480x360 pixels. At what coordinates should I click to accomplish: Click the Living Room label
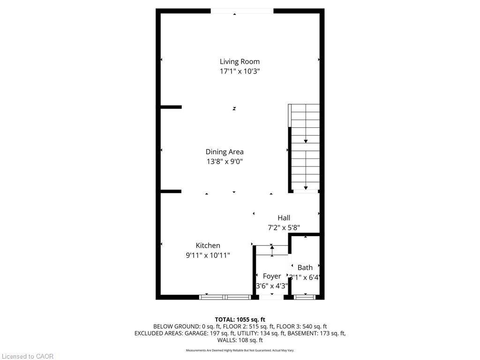pos(240,61)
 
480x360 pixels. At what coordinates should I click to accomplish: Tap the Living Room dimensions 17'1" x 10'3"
pos(240,71)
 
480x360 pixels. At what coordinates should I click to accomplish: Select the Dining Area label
pos(225,152)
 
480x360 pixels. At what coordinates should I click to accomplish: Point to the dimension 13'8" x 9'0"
pos(225,162)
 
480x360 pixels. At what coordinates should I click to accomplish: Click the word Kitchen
pos(208,246)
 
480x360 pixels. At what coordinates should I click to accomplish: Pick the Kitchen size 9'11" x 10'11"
pos(208,255)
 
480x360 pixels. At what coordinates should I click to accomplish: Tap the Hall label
pos(284,218)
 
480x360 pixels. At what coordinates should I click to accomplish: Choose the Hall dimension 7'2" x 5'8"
pos(284,228)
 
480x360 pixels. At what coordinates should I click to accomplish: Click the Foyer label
pos(272,277)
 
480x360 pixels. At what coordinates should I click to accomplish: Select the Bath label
pos(305,268)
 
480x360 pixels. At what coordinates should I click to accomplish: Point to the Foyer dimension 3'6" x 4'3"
pos(272,286)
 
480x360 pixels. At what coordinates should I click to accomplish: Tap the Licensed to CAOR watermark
pos(27,356)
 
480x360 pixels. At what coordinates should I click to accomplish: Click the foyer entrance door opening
pos(271,297)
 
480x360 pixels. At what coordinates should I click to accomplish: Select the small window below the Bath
pos(304,297)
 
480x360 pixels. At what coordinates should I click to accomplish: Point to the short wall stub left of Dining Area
pos(171,107)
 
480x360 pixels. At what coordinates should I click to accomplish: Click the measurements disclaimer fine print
pos(240,350)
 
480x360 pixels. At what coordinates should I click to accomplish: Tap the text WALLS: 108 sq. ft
pos(240,340)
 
